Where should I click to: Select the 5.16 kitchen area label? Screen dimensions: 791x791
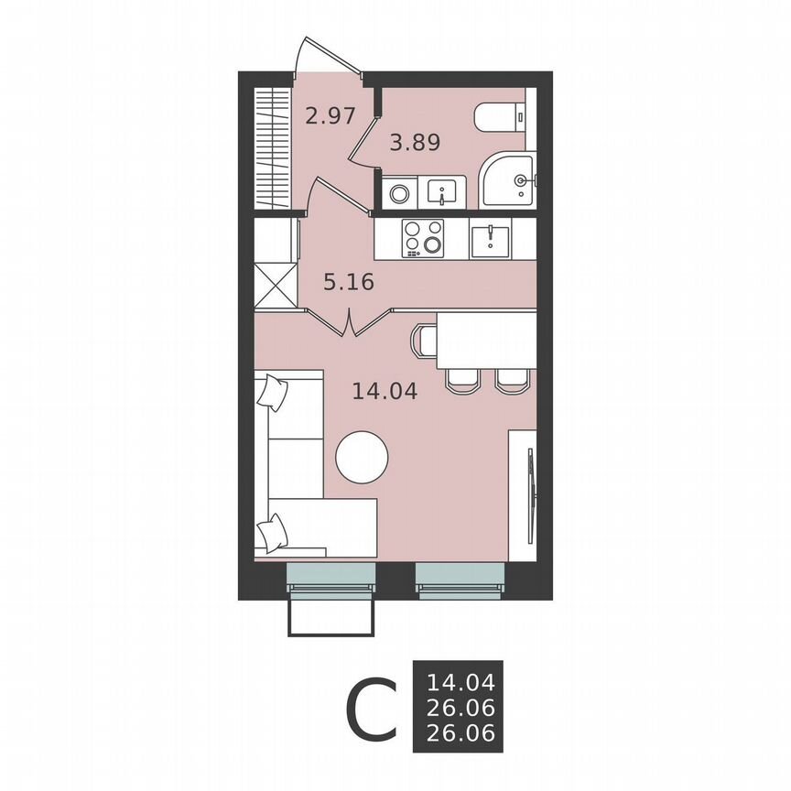(349, 282)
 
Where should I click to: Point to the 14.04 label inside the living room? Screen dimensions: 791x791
(385, 392)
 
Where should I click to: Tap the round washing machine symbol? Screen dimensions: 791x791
(399, 193)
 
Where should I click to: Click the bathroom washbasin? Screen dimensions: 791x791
(443, 193)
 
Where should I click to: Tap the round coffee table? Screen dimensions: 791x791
(362, 456)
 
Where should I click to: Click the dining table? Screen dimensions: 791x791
(485, 340)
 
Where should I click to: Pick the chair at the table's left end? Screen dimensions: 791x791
(425, 341)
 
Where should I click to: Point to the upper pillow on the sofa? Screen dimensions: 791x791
(272, 393)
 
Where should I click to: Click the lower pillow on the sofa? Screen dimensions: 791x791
(271, 532)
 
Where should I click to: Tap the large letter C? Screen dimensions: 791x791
(371, 710)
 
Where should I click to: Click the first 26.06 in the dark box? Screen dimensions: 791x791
(461, 707)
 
